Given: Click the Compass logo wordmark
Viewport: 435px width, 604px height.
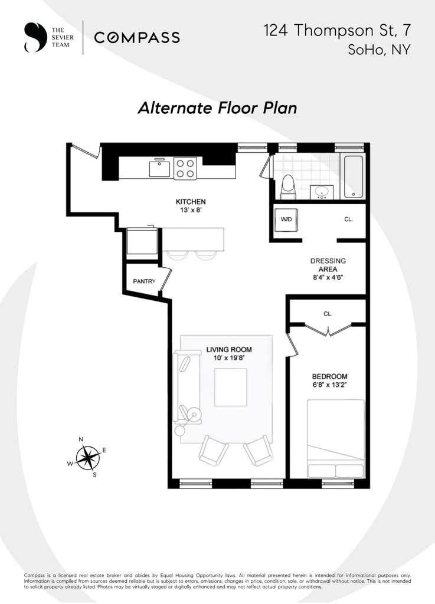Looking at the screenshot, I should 137,38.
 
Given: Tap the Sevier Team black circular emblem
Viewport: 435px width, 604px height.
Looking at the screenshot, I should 34,38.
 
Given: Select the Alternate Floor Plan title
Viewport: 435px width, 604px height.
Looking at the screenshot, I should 217,109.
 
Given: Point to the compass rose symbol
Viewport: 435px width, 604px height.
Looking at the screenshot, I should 87,457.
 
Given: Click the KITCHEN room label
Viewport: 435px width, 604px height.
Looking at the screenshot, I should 190,202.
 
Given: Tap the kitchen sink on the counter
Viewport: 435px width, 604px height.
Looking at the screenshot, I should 159,168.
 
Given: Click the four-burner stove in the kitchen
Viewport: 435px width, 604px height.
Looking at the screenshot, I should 185,168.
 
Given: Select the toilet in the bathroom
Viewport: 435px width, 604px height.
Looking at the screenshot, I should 288,185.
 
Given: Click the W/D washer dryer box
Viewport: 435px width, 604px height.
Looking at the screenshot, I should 286,220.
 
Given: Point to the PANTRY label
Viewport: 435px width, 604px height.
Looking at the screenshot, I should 143,281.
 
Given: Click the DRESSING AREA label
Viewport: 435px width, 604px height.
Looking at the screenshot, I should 328,266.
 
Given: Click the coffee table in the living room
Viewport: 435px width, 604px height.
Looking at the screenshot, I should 231,387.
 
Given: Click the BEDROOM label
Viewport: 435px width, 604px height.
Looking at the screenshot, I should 329,376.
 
